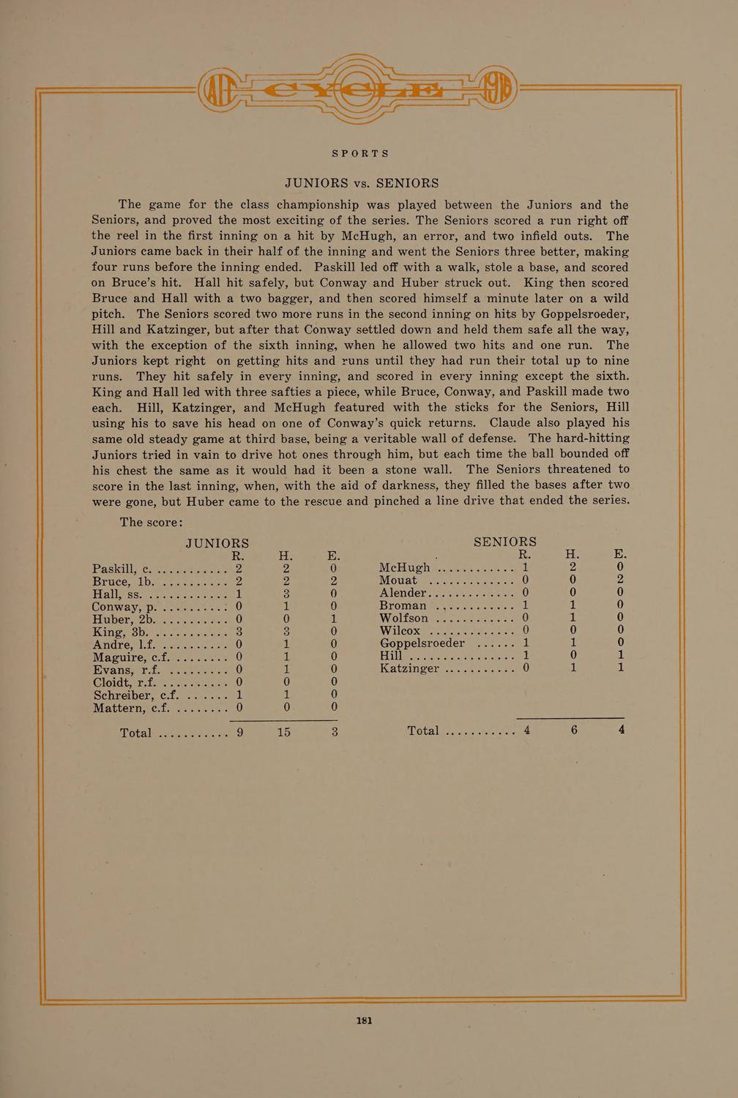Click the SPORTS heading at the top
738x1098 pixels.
pyautogui.click(x=361, y=154)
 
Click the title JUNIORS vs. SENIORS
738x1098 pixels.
pyautogui.click(x=362, y=183)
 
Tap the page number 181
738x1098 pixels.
pyautogui.click(x=365, y=1020)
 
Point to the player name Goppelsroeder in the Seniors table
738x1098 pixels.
pyautogui.click(x=422, y=643)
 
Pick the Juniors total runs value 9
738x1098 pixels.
pyautogui.click(x=239, y=731)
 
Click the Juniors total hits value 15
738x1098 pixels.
pyautogui.click(x=284, y=731)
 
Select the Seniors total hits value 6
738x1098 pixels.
pyautogui.click(x=574, y=730)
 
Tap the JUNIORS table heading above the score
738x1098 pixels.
pyautogui.click(x=217, y=543)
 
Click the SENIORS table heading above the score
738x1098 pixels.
pyautogui.click(x=505, y=542)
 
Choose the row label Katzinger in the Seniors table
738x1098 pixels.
pyautogui.click(x=409, y=668)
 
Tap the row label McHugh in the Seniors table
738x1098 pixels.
pyautogui.click(x=405, y=568)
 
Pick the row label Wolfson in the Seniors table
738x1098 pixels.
pyautogui.click(x=403, y=618)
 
